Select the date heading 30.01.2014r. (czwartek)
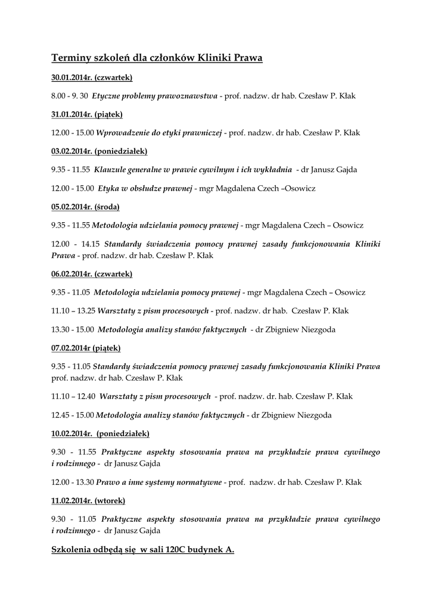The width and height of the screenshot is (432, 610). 92,77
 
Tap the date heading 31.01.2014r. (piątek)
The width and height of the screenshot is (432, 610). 86,114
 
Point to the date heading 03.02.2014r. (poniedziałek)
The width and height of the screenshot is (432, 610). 99,151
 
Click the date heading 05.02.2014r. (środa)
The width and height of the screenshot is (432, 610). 85,207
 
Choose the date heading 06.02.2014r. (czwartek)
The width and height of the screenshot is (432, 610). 92,274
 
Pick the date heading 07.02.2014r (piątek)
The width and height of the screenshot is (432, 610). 86,348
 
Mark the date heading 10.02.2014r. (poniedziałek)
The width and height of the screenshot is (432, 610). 100,433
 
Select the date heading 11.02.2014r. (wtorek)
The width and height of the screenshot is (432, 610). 88,501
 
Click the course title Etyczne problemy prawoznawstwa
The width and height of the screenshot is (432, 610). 155,96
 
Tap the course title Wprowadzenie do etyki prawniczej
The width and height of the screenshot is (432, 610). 158,133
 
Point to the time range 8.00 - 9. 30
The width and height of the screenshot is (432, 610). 70,96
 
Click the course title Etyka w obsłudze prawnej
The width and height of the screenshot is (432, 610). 145,188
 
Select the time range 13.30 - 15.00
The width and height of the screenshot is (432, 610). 72,329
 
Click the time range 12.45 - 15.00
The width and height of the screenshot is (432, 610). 72,415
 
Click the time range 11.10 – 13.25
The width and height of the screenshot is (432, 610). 73,311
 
